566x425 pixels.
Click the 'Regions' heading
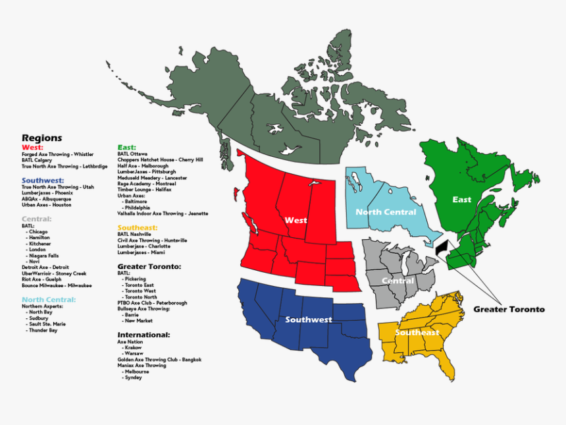pos(41,138)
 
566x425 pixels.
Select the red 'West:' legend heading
pos(32,147)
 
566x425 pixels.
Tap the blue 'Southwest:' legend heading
pos(43,180)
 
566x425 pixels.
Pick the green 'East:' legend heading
pos(127,147)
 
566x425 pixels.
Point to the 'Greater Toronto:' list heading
pos(149,266)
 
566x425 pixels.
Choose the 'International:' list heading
pos(143,335)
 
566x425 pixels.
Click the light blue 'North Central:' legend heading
pos(48,299)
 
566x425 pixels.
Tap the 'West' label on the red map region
pos(296,219)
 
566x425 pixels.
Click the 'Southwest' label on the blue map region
pos(309,320)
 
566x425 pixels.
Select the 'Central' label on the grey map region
pos(398,281)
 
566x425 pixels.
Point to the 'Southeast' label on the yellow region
pos(417,332)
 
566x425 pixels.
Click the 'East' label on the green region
pos(461,199)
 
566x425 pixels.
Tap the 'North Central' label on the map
pos(386,212)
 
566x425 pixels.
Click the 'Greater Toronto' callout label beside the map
pos(509,309)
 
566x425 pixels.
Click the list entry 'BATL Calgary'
pos(37,160)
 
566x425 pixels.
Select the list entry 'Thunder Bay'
pos(43,330)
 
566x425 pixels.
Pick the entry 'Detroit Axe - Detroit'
pos(45,267)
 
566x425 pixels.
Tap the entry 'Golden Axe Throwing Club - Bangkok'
pos(159,359)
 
